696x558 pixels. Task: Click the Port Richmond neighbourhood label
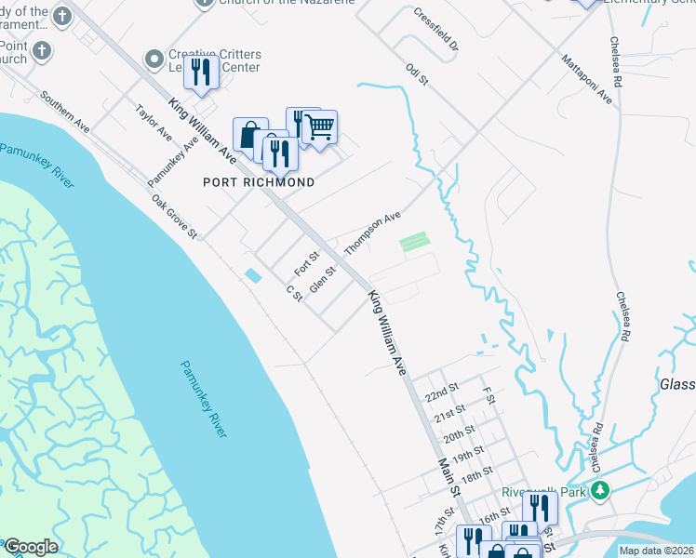pos(259,182)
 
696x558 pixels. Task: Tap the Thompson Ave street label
pos(372,232)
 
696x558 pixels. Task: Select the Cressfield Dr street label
pos(436,31)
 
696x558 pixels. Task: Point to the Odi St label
pos(416,74)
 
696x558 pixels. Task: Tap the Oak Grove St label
pos(175,216)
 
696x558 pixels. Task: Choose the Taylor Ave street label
pos(154,122)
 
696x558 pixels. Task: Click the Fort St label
pos(307,262)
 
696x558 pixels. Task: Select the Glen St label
pos(322,279)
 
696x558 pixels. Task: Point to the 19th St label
pos(464,452)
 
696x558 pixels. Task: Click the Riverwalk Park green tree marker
pos(601,490)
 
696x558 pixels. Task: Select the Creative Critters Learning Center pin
pos(154,60)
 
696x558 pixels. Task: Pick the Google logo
pos(31,547)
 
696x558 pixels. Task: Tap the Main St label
pos(449,477)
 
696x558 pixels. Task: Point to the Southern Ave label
pos(64,110)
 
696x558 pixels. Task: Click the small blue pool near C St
pos(252,275)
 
